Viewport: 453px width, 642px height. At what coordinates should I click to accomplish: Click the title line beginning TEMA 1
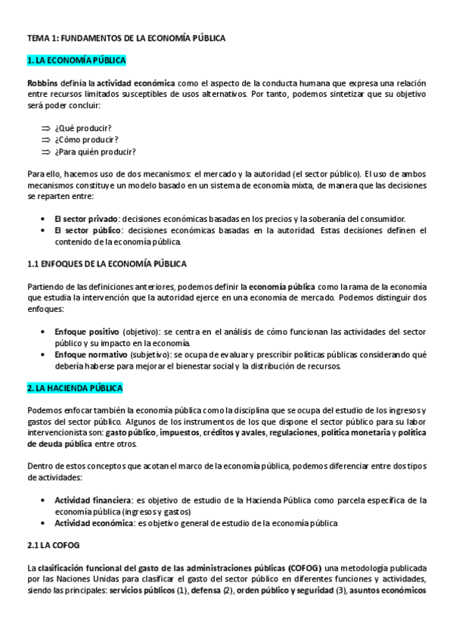point(126,36)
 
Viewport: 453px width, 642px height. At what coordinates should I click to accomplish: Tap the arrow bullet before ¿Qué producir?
point(45,128)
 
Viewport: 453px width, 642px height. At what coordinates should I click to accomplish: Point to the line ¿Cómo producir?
point(86,139)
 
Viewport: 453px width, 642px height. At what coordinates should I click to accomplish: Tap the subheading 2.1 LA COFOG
point(53,545)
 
